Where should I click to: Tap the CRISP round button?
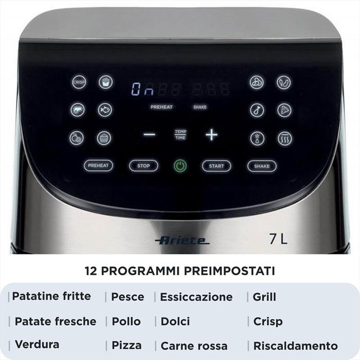pos(78,82)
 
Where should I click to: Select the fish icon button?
pos(105,110)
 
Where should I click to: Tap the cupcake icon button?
pos(104,138)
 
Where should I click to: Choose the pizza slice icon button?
pos(284,110)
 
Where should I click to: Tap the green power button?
pos(180,166)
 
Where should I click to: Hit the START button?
pos(216,166)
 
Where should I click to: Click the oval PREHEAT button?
pos(98,166)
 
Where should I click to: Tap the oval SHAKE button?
pos(262,166)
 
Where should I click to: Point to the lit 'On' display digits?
pos(143,89)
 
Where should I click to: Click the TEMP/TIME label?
pos(180,135)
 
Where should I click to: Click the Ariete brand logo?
pos(182,240)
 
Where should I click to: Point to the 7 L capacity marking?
pos(278,239)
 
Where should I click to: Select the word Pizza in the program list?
pos(126,345)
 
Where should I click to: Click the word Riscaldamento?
pos(296,346)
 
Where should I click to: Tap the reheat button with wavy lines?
pos(284,138)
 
